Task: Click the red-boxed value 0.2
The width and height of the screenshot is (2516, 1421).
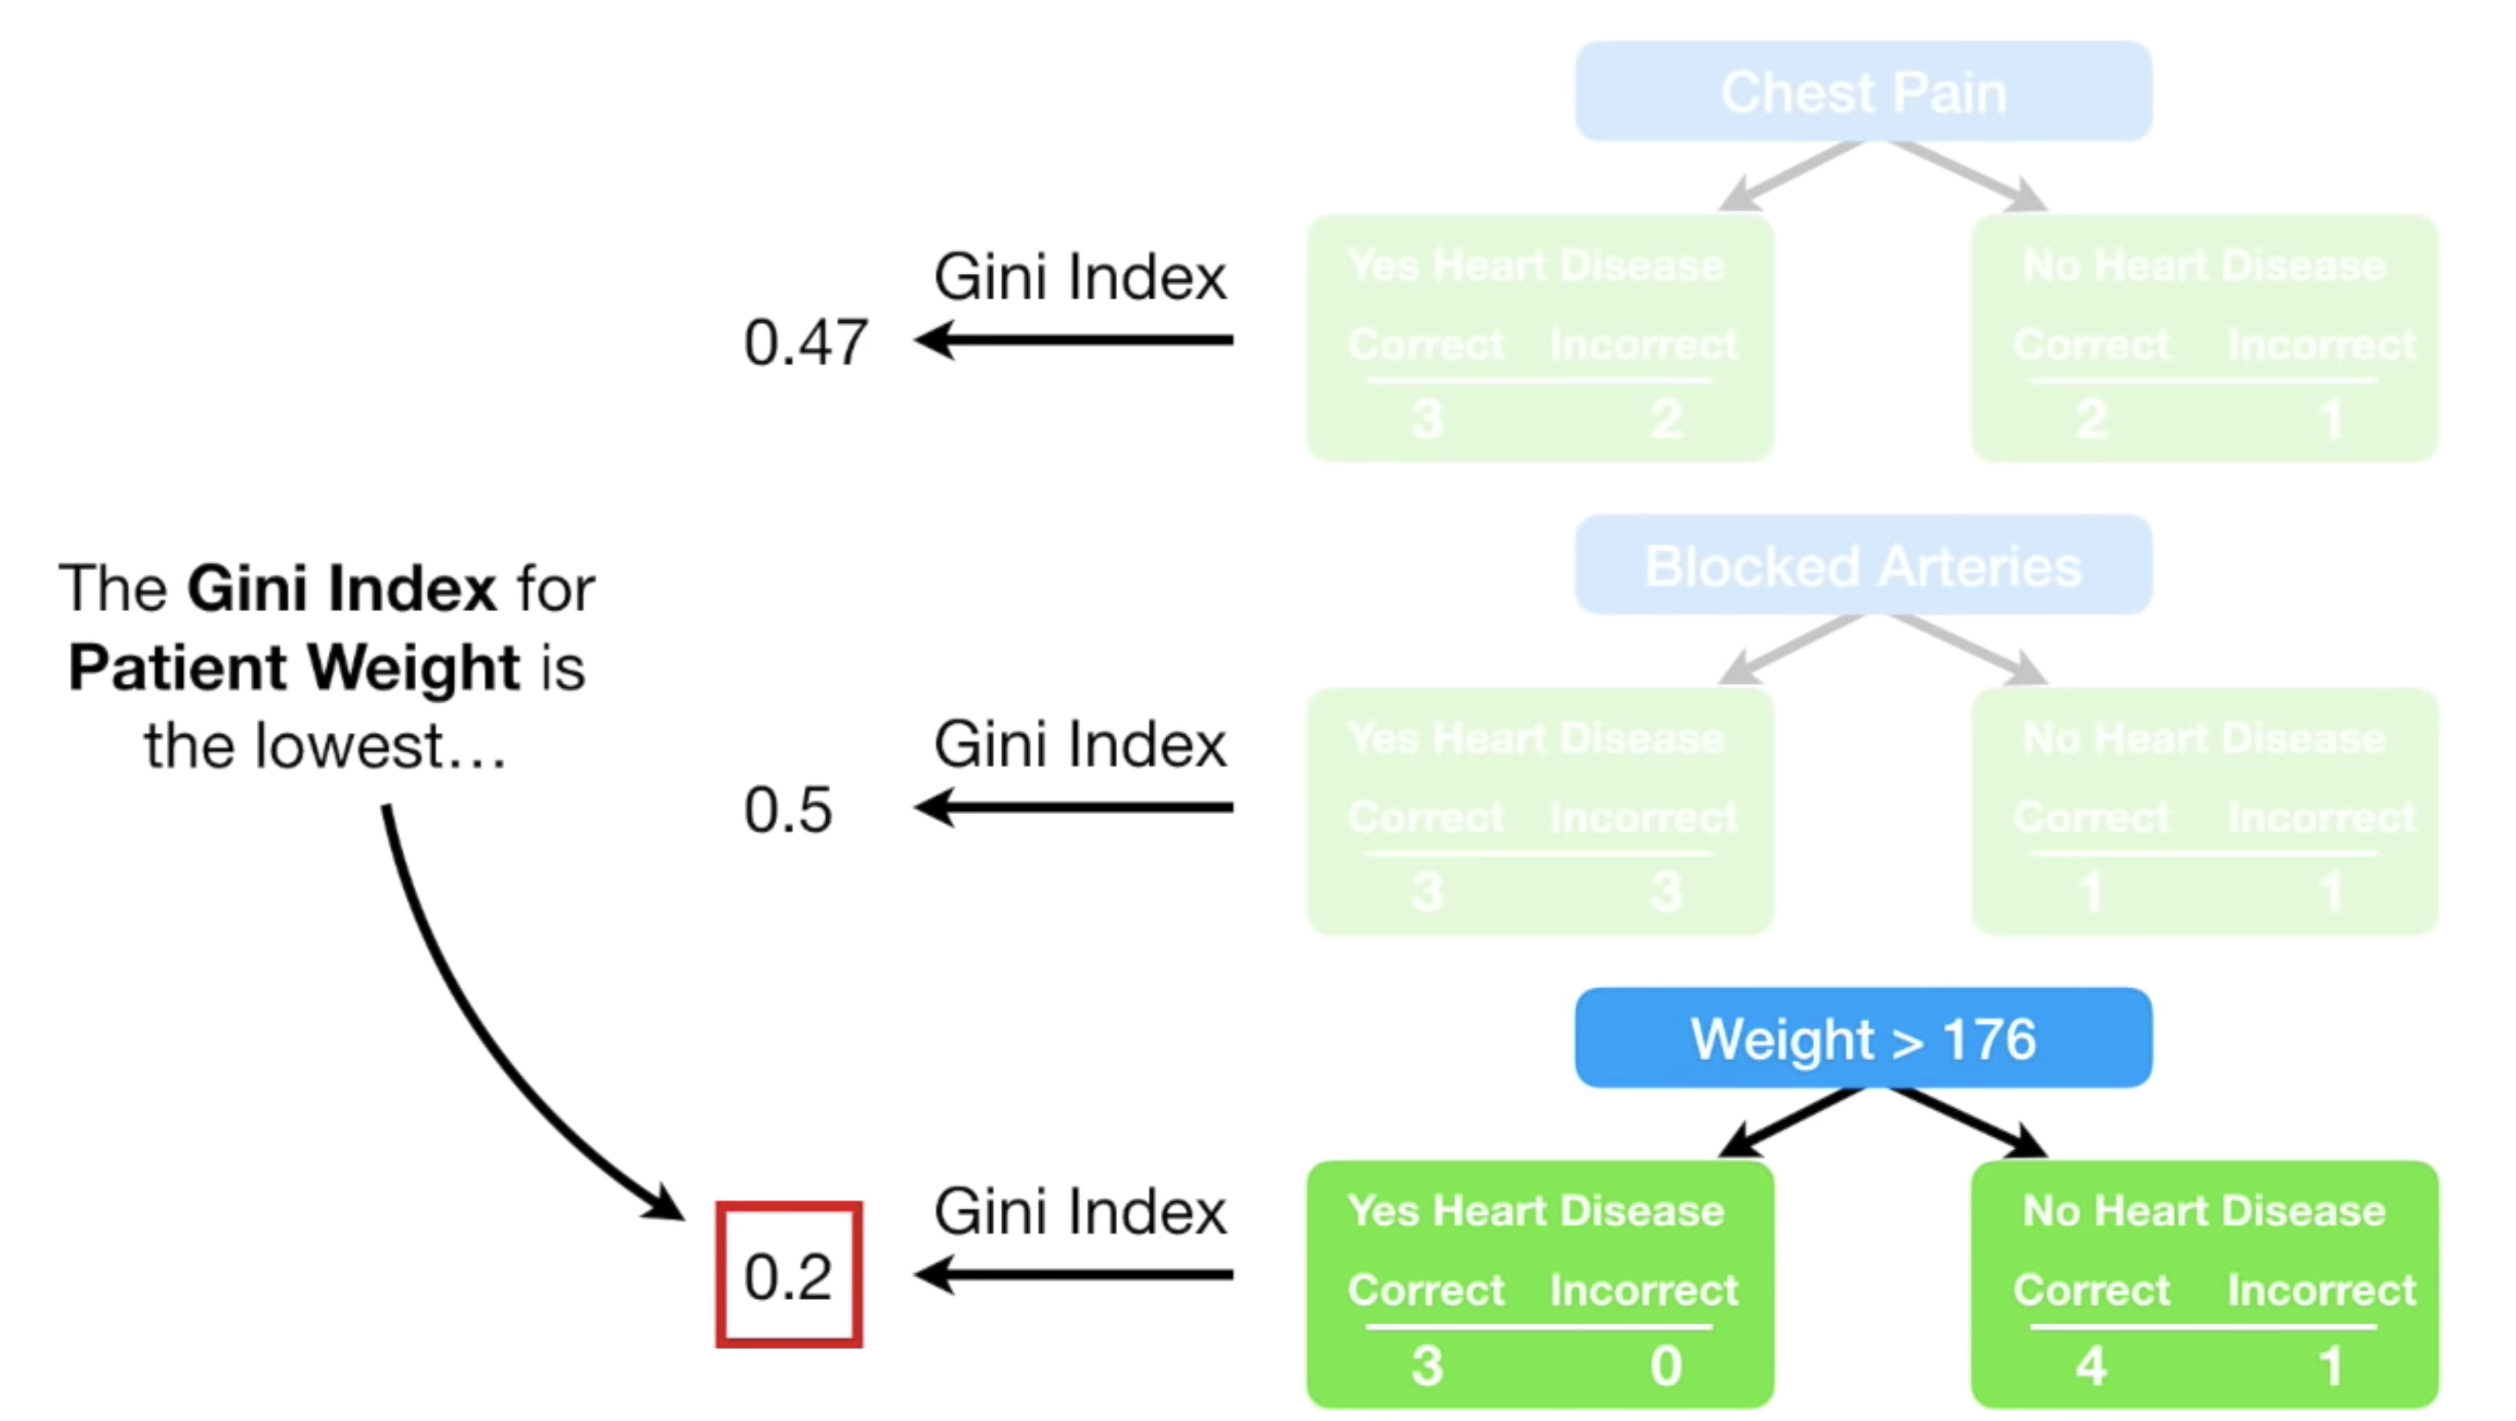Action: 788,1275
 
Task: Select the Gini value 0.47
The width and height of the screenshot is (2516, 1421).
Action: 806,343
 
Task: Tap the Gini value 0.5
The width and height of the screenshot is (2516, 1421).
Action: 788,810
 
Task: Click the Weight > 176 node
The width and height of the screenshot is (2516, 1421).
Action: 1862,1037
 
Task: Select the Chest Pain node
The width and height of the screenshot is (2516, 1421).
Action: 1862,91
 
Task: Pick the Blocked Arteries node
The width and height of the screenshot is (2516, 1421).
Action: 1862,565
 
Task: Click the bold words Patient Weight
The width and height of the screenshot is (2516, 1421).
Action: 294,668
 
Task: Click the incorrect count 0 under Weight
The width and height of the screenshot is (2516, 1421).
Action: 1666,1365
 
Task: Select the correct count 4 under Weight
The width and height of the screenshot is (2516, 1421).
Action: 2091,1365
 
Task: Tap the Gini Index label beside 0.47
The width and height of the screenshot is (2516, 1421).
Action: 1079,277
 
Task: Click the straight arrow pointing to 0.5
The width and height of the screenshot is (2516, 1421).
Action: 1073,808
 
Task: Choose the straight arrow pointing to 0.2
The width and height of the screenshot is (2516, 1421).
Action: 1073,1274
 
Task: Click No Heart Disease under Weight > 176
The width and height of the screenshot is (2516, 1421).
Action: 2204,1211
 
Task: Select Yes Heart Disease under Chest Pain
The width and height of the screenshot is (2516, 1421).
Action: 1537,264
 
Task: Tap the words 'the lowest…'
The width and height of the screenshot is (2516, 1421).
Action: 325,746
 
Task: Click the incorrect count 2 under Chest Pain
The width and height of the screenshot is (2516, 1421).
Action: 1666,419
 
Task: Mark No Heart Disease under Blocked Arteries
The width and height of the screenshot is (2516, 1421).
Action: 2204,738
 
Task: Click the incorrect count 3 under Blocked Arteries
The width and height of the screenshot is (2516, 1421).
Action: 1666,891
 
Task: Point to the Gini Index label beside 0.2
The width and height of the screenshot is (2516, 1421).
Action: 1079,1211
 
